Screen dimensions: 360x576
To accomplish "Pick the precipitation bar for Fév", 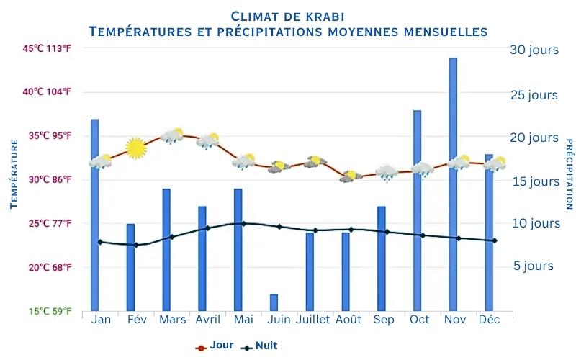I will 130,267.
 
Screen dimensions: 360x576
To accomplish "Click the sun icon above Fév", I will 135,148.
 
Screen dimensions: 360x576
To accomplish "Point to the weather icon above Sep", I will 387,172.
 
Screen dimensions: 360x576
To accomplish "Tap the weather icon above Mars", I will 172,135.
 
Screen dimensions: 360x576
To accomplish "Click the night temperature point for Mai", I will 243,223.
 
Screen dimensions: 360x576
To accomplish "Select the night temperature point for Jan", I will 100,242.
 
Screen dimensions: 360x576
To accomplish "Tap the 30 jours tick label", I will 534,50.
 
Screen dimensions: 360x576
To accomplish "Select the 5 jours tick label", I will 534,266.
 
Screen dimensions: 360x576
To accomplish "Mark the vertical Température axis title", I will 14,175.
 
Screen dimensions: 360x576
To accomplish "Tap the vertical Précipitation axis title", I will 568,175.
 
